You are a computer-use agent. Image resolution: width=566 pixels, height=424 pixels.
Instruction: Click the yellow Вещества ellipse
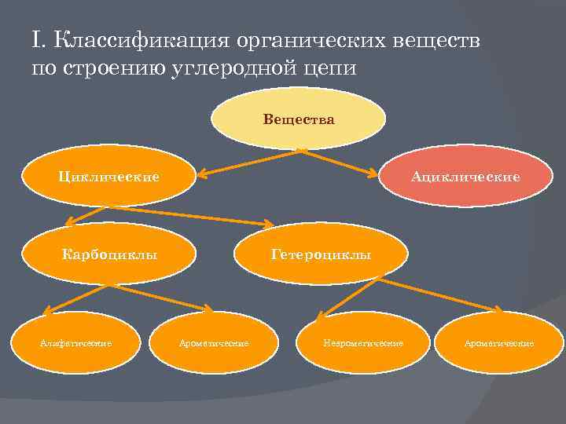pyautogui.click(x=299, y=119)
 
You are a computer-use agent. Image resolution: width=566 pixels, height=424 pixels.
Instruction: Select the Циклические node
pyautogui.click(x=108, y=176)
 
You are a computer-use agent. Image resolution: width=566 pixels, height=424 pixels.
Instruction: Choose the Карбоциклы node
pyautogui.click(x=109, y=254)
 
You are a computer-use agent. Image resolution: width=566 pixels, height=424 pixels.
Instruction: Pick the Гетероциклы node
pyautogui.click(x=322, y=254)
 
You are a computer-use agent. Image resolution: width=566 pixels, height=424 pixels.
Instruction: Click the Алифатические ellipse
pyautogui.click(x=75, y=343)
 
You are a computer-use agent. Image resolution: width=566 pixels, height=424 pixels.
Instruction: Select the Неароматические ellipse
pyautogui.click(x=363, y=343)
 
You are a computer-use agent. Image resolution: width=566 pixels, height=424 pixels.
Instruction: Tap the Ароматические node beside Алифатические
pyautogui.click(x=214, y=343)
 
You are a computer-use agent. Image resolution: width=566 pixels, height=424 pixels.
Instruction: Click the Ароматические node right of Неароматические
pyautogui.click(x=499, y=343)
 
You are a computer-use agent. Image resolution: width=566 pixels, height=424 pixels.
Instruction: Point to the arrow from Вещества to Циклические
pyautogui.click(x=248, y=162)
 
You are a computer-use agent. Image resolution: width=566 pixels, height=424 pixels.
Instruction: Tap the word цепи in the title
pyautogui.click(x=330, y=68)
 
